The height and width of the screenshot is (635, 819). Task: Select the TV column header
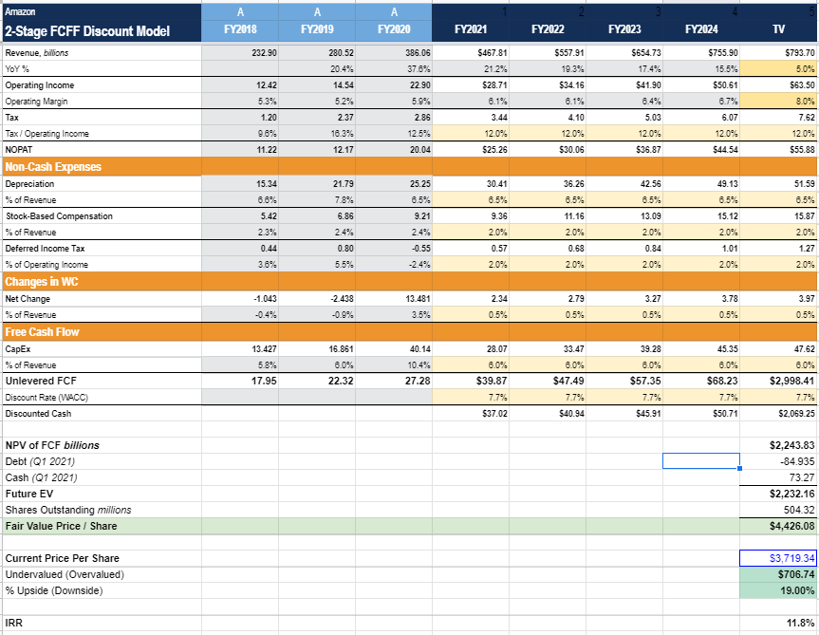coord(778,30)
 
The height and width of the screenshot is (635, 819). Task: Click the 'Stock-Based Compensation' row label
coord(59,216)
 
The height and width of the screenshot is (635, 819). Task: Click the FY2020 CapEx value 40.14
coord(419,348)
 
